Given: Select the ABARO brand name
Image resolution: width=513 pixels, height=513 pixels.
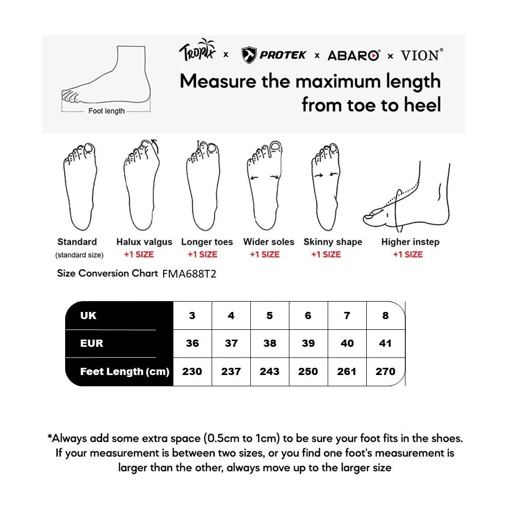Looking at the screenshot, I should [353, 55].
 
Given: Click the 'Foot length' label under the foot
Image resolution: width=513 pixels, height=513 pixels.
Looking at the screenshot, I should [106, 111].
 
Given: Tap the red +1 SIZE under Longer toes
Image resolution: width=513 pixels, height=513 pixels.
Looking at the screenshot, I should [202, 254].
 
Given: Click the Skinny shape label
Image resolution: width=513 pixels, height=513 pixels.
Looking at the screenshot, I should [332, 242].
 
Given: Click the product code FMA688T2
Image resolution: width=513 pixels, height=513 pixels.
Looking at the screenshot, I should [189, 274].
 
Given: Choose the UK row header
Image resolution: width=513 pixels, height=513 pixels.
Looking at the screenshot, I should [88, 315].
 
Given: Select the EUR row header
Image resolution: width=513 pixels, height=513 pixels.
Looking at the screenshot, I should [91, 343].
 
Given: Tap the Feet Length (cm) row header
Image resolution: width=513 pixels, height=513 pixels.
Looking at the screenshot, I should [125, 371].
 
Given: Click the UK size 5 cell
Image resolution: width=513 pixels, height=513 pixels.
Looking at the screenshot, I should [270, 315].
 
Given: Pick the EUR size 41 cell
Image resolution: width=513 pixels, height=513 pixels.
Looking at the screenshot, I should [385, 343].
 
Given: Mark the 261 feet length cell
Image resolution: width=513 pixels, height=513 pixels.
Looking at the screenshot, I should [347, 371].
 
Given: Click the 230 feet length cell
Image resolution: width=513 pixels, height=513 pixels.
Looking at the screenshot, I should [192, 371].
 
